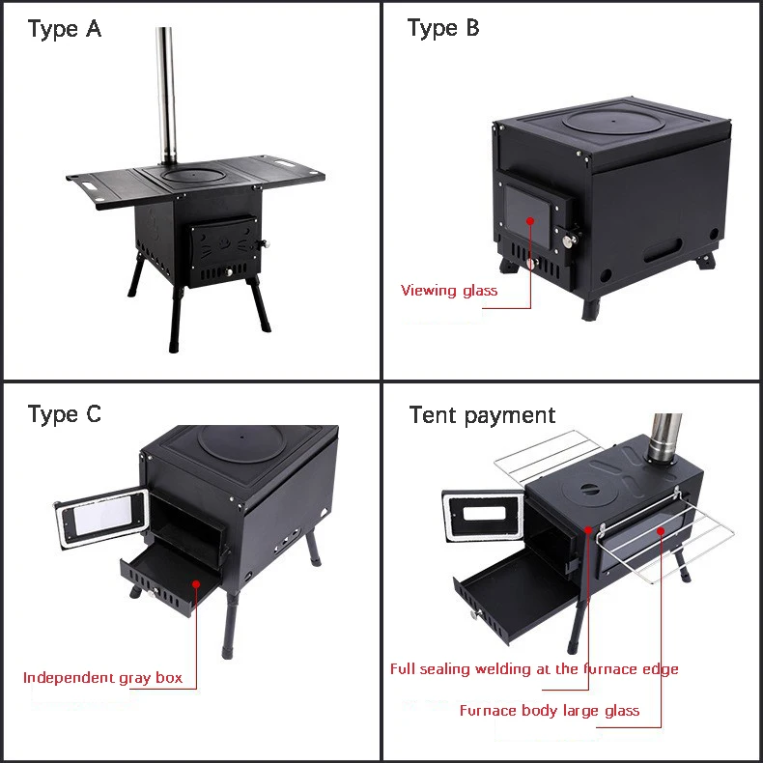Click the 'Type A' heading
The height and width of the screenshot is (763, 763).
pos(64,29)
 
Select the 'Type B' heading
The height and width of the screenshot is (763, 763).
pos(442,29)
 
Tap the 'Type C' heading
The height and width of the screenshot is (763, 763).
pos(64,415)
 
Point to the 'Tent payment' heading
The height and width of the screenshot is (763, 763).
pos(482,415)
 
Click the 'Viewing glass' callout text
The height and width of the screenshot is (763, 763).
pos(449,290)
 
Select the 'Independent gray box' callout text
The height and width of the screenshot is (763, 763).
pos(102,677)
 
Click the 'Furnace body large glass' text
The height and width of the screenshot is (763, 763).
pos(549,711)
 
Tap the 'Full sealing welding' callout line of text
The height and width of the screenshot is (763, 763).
pos(534,668)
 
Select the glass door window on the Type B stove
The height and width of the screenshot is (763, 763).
pos(528,219)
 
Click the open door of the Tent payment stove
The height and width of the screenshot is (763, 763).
pos(482,522)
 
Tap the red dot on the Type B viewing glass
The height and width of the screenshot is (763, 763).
pos(529,220)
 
